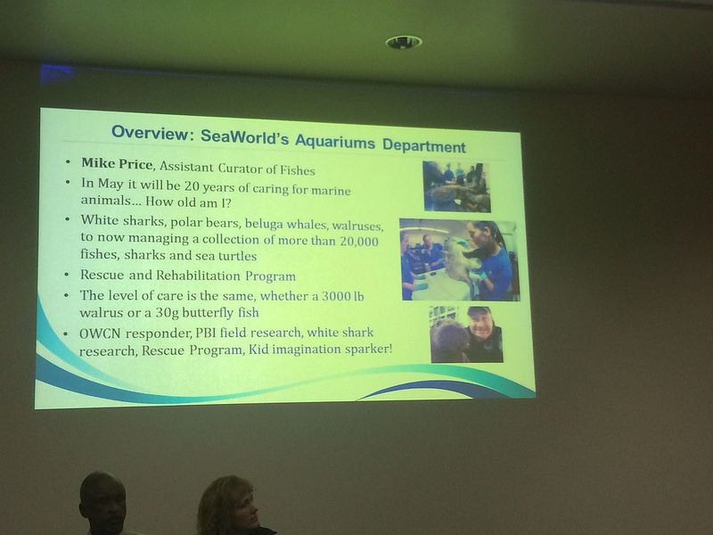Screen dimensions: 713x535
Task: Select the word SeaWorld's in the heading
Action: pyautogui.click(x=244, y=137)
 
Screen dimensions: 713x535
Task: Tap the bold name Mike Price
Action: pyautogui.click(x=117, y=164)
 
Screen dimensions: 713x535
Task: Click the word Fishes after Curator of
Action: pyautogui.click(x=298, y=170)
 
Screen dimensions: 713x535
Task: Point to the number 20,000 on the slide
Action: pyautogui.click(x=359, y=241)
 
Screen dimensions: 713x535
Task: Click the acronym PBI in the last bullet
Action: pyautogui.click(x=205, y=333)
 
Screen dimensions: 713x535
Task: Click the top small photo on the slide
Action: pyautogui.click(x=456, y=186)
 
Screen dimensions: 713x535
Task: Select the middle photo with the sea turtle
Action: pyautogui.click(x=460, y=260)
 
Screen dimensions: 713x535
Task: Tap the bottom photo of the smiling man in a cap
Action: pyautogui.click(x=466, y=334)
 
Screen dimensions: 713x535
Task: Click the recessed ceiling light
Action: pyautogui.click(x=404, y=42)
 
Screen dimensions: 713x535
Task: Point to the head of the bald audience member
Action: pyautogui.click(x=102, y=500)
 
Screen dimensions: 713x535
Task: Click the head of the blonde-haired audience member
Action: pyautogui.click(x=228, y=505)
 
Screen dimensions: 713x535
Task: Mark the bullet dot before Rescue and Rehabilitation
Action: pyautogui.click(x=67, y=275)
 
